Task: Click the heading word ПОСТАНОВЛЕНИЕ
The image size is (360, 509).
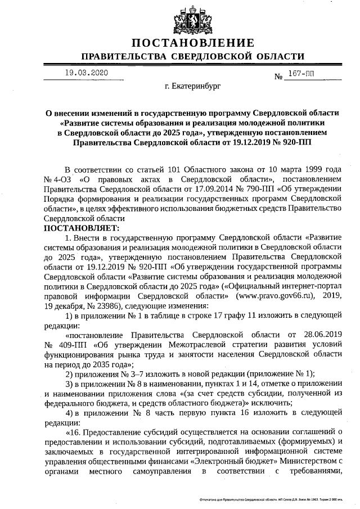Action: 193,43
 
